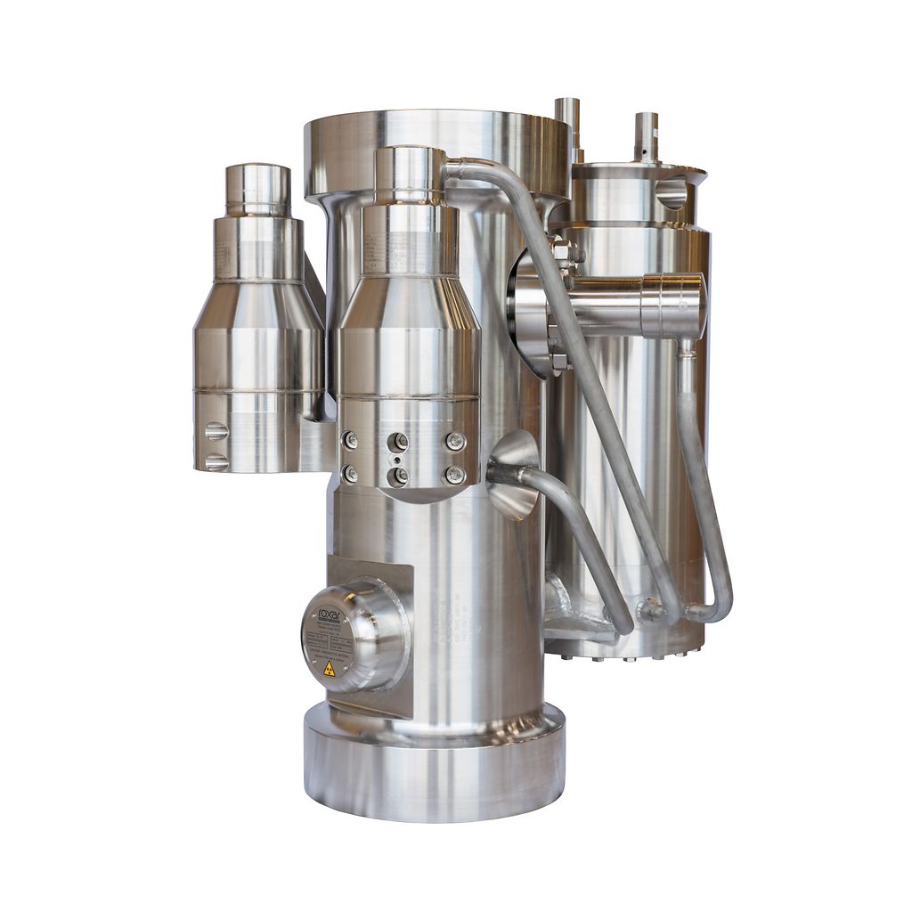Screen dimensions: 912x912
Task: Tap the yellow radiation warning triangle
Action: click(x=330, y=668)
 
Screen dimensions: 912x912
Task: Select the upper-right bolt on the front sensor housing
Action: click(x=455, y=441)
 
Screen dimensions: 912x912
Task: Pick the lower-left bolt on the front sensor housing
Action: click(x=350, y=475)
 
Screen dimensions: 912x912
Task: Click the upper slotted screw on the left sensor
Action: click(x=216, y=431)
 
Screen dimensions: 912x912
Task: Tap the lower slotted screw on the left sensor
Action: click(x=216, y=462)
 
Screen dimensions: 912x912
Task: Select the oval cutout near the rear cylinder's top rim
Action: click(x=672, y=191)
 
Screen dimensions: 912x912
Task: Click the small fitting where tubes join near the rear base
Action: click(x=649, y=612)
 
